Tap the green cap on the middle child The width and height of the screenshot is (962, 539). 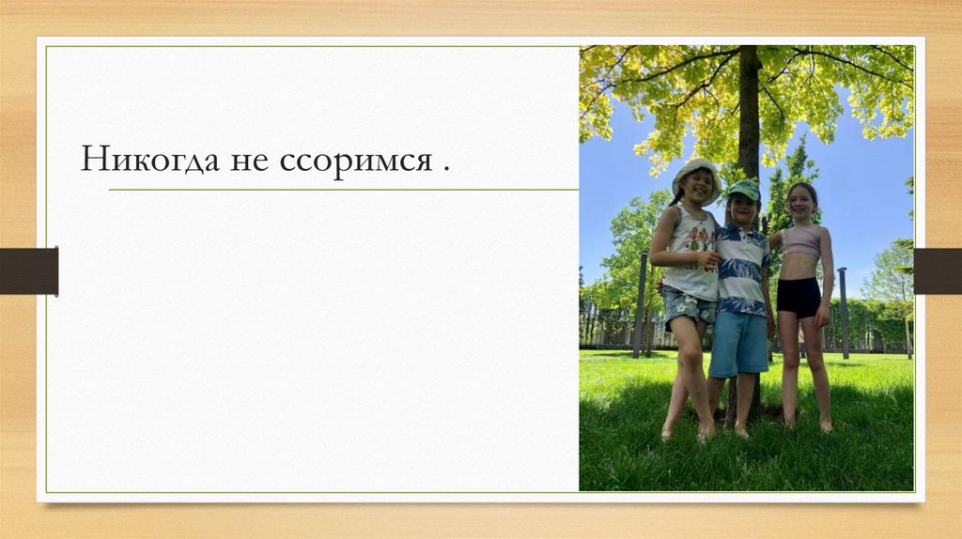pos(744,189)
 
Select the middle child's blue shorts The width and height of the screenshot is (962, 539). pos(738,343)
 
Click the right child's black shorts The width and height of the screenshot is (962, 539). pos(799,296)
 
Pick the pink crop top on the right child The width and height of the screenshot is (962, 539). pos(800,241)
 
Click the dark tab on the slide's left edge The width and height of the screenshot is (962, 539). pos(28,271)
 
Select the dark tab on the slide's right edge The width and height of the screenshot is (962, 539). pos(937,271)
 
